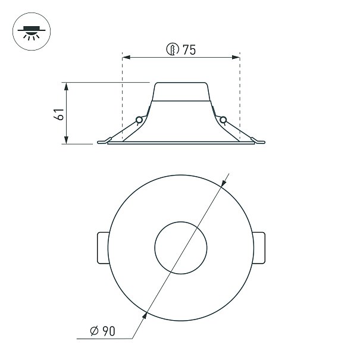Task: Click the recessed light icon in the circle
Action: (x=32, y=32)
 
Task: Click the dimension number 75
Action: (x=189, y=50)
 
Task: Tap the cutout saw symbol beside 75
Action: (x=173, y=49)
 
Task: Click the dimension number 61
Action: (x=59, y=114)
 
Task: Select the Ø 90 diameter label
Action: (x=102, y=331)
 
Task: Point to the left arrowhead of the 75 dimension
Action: (x=126, y=57)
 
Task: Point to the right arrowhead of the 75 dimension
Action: (x=236, y=57)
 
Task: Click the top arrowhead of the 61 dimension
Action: (x=66, y=86)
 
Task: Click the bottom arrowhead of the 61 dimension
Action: (x=66, y=140)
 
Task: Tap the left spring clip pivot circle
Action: (x=139, y=120)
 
